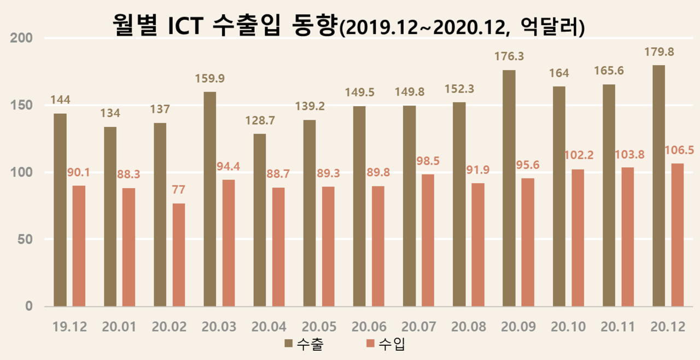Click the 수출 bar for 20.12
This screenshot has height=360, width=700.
tap(658, 186)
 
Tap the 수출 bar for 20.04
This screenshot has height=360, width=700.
tap(260, 220)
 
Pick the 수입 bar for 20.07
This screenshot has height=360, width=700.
tap(428, 240)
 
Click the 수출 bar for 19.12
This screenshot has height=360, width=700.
tap(60, 210)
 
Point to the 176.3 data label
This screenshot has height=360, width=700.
tap(509, 57)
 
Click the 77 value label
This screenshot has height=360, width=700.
tap(179, 190)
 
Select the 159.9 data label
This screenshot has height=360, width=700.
tap(210, 78)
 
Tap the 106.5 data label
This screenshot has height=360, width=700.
tap(678, 150)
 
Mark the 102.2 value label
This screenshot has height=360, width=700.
tap(577, 156)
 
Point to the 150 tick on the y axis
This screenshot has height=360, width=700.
tap(22, 105)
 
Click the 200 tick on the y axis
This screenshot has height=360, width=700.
tap(22, 38)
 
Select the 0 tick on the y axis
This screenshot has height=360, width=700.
tap(28, 306)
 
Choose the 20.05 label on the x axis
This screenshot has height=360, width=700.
tap(319, 327)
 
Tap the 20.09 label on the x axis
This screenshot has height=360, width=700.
tap(518, 327)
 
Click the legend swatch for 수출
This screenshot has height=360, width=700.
tap(289, 344)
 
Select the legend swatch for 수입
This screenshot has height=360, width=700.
tap(370, 344)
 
